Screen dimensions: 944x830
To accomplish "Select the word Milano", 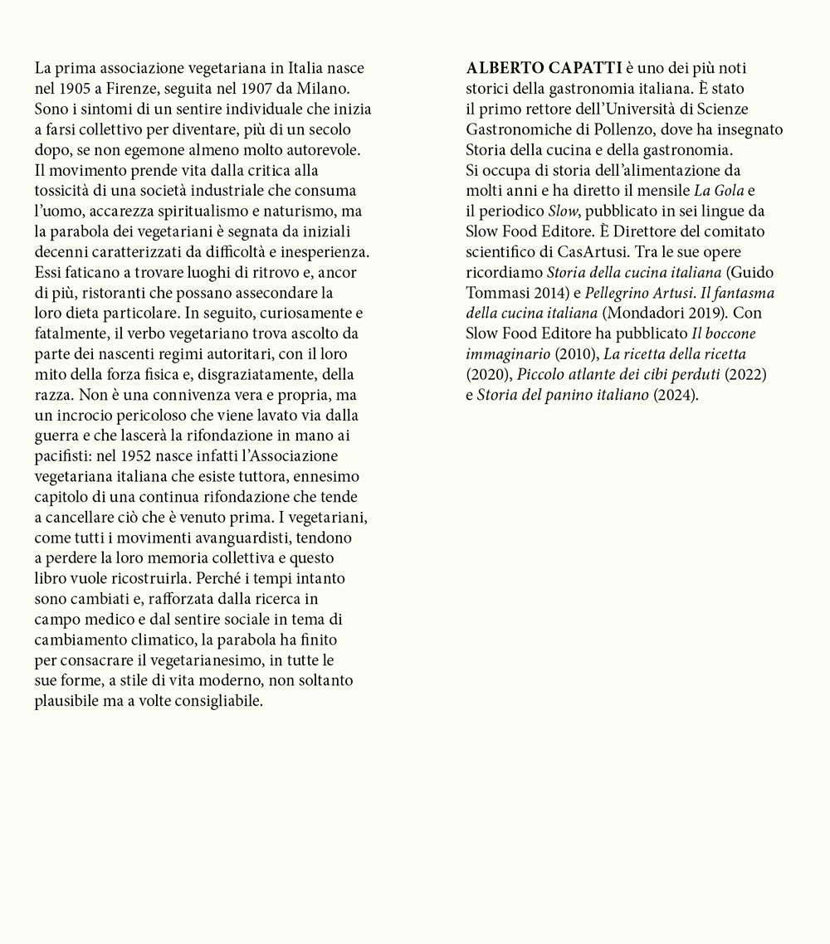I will tap(334, 88).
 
